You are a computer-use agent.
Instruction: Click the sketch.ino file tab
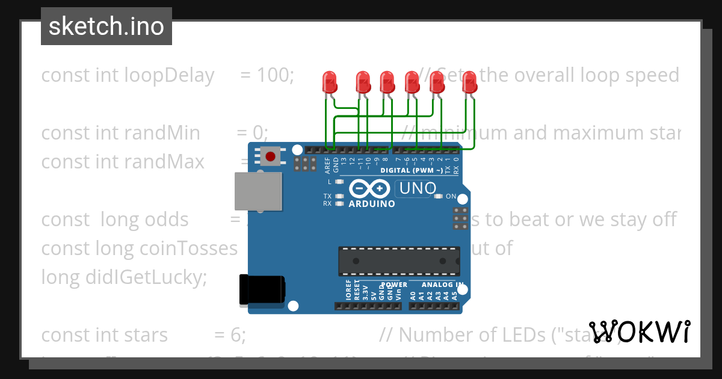pyautogui.click(x=106, y=26)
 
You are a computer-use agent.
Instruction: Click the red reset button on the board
pyautogui.click(x=270, y=157)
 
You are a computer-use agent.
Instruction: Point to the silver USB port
pyautogui.click(x=258, y=191)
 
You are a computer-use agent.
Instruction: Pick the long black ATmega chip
pyautogui.click(x=400, y=260)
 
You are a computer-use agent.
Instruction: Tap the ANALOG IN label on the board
pyautogui.click(x=442, y=285)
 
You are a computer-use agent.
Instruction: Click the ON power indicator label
pyautogui.click(x=451, y=197)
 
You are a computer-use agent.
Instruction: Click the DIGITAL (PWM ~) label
pyautogui.click(x=412, y=171)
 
